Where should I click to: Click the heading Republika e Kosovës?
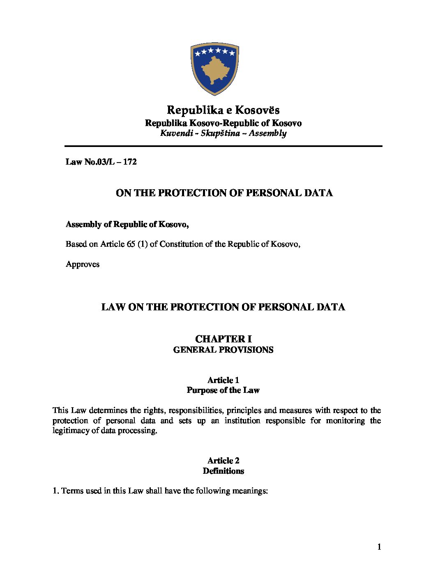(223, 110)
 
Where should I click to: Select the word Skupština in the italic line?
(220, 133)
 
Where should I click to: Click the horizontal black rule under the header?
(223, 146)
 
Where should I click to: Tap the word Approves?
(83, 264)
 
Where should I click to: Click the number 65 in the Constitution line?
(131, 244)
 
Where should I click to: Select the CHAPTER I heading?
(223, 339)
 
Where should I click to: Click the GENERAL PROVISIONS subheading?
(223, 350)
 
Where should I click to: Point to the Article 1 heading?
(223, 380)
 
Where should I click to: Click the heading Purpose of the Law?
(223, 390)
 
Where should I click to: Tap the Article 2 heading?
(223, 461)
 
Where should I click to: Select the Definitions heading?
(223, 471)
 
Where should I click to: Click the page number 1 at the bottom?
(379, 547)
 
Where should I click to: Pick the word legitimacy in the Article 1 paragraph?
(72, 431)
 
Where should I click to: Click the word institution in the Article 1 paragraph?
(242, 420)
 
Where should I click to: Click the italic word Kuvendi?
(177, 133)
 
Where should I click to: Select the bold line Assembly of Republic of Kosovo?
(127, 224)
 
